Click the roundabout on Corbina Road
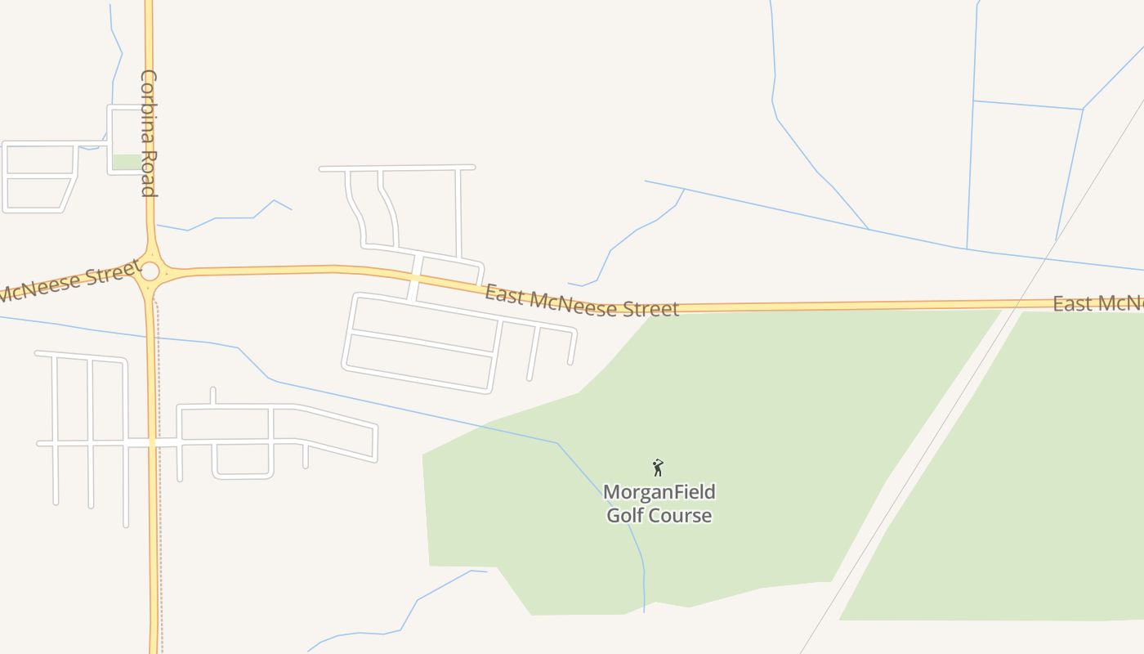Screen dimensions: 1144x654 coord(150,271)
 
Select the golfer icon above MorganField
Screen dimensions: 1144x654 coord(658,468)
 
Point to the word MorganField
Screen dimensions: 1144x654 coord(659,492)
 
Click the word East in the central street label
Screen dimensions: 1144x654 coord(504,295)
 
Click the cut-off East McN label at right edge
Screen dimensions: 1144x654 coord(1097,304)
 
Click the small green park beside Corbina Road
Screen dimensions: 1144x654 coord(127,162)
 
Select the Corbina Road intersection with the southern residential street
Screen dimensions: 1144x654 coord(152,442)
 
